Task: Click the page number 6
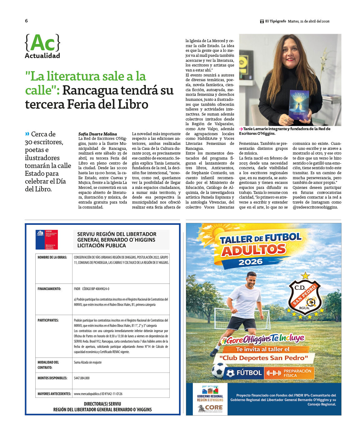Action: (26, 21)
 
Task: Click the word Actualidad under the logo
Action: (42, 56)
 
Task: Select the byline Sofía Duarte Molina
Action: (97, 134)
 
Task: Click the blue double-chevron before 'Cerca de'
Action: (27, 134)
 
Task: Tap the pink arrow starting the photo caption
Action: (241, 129)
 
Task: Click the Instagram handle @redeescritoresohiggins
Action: (315, 207)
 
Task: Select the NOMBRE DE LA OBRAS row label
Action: (52, 258)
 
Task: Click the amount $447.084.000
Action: (82, 378)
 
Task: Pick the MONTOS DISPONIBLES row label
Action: (52, 378)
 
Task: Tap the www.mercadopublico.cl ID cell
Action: (98, 394)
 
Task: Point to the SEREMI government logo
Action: (47, 240)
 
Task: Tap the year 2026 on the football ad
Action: (250, 262)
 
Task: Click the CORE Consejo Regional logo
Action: (210, 408)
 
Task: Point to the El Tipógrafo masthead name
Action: (275, 21)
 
